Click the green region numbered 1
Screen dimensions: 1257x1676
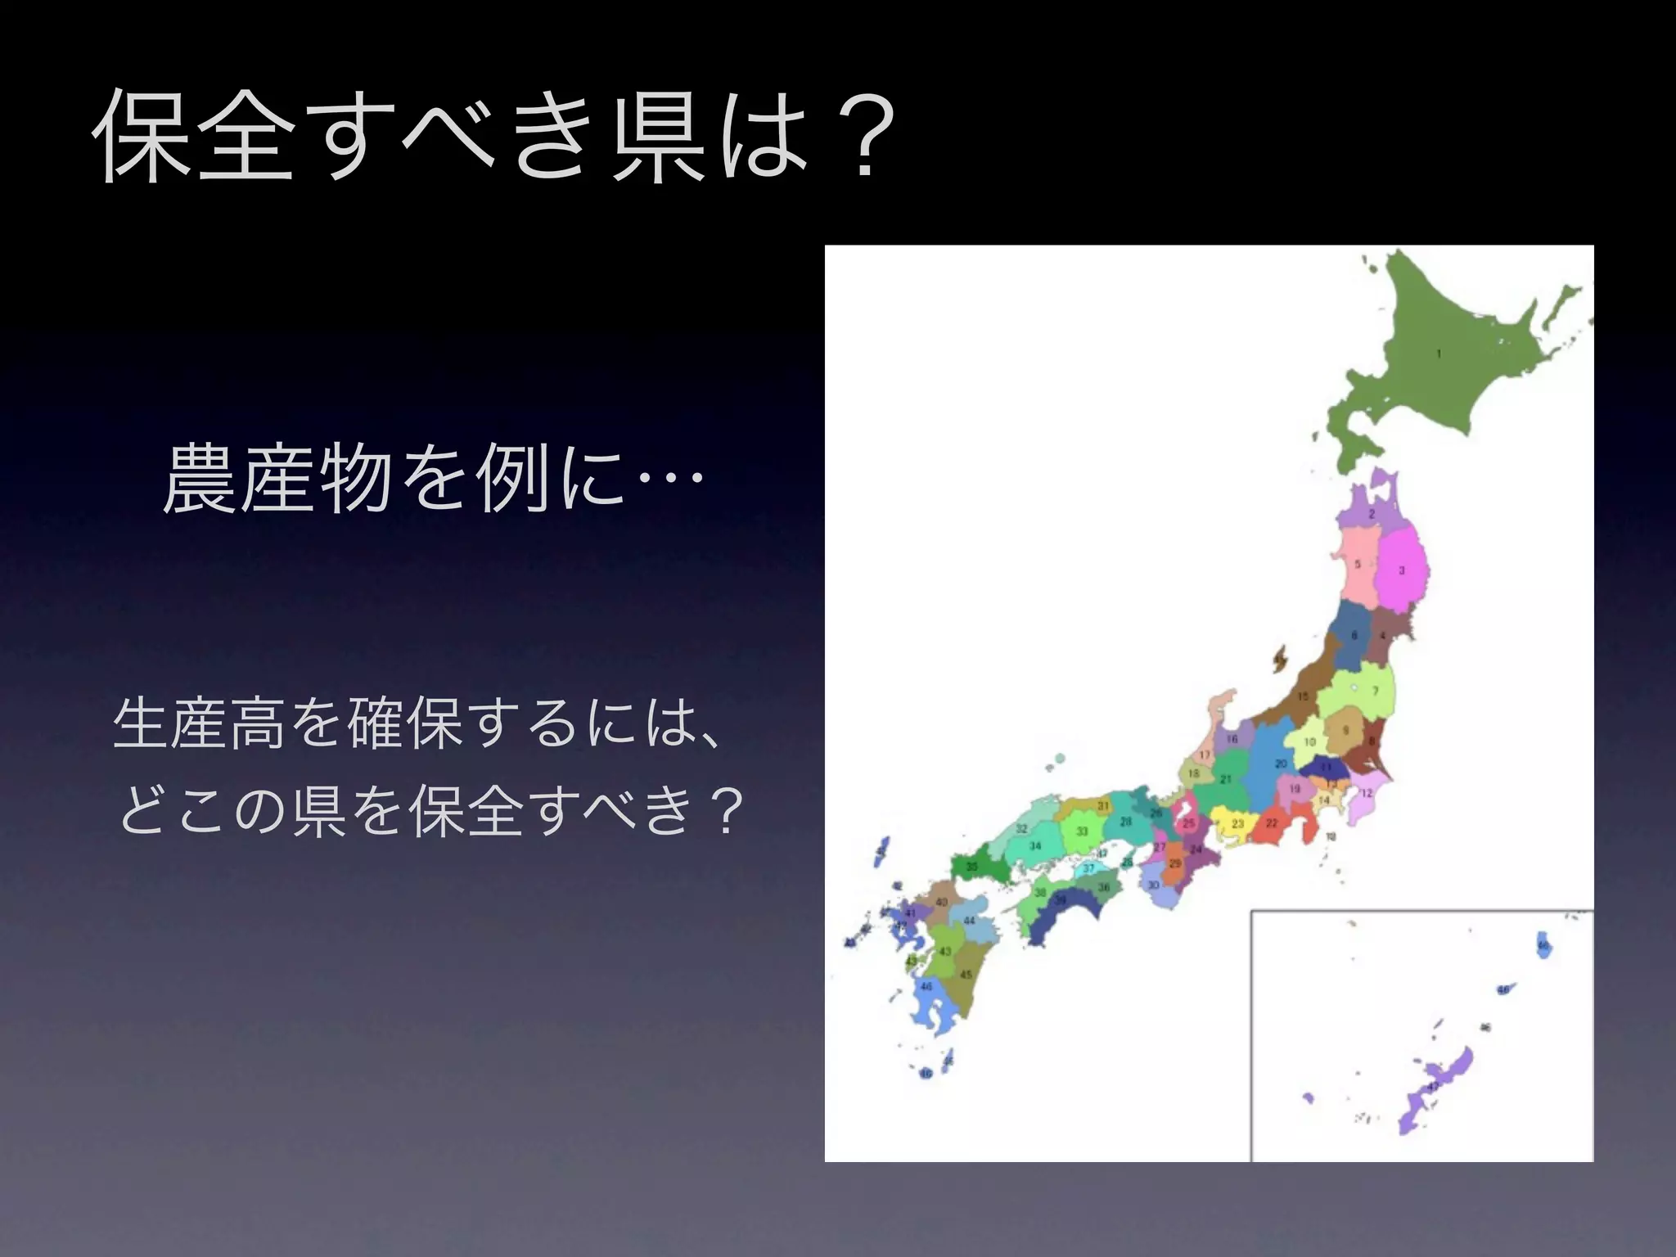tap(1440, 360)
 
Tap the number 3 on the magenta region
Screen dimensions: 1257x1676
tap(1401, 570)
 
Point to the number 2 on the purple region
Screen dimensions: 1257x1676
tap(1372, 515)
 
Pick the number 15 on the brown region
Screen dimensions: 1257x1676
tap(1303, 696)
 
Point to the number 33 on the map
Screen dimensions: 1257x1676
tap(1082, 831)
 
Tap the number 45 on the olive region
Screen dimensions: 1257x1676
tap(966, 975)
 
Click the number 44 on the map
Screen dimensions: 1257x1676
tap(969, 921)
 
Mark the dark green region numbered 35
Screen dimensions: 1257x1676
tap(972, 867)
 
